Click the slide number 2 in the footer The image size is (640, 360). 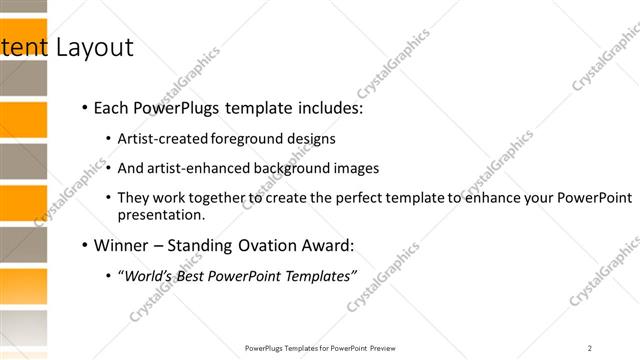pos(590,348)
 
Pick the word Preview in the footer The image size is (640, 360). pos(383,348)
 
